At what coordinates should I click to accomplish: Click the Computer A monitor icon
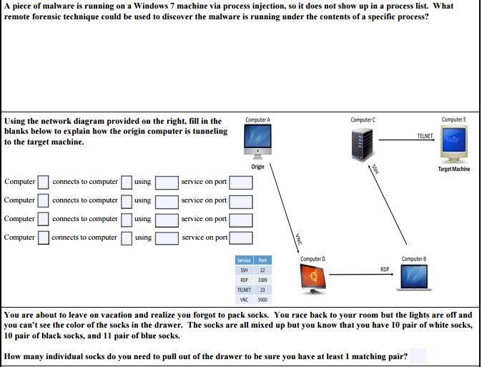pyautogui.click(x=257, y=141)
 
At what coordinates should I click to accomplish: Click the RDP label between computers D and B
pyautogui.click(x=384, y=269)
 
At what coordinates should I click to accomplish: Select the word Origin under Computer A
pyautogui.click(x=257, y=167)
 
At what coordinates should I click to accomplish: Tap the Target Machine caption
pyautogui.click(x=453, y=170)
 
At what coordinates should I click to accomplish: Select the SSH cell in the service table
pyautogui.click(x=244, y=270)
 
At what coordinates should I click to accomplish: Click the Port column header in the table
pyautogui.click(x=262, y=260)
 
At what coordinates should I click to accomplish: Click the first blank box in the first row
pyautogui.click(x=43, y=182)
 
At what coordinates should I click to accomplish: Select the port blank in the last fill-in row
pyautogui.click(x=240, y=237)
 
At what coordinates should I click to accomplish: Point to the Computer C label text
pyautogui.click(x=363, y=119)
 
